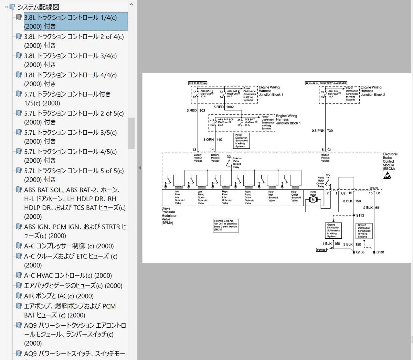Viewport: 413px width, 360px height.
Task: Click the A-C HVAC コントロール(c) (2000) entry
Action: coord(68,275)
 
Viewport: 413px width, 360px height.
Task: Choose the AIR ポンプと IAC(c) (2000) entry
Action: coord(59,296)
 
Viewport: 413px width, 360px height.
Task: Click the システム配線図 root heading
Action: coord(38,7)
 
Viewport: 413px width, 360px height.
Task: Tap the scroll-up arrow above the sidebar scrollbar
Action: coord(131,5)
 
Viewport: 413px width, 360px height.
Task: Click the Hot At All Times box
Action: coord(198,83)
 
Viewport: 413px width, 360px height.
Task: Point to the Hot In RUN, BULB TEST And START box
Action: coord(326,83)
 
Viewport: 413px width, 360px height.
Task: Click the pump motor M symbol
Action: coord(313,199)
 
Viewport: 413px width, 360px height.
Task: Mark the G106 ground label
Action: coord(360,252)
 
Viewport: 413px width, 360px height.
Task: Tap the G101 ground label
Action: coord(380,252)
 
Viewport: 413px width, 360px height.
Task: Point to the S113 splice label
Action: coord(360,215)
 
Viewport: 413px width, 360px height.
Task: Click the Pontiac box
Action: coord(321,250)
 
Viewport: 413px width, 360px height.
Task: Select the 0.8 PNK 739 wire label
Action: coord(322,131)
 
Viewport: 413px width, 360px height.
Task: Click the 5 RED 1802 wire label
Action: coord(224,107)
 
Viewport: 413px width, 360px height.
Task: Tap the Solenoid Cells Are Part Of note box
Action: coord(226,225)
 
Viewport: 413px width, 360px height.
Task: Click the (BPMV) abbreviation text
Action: coord(167,223)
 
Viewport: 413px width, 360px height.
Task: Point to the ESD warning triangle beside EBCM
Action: coord(388,176)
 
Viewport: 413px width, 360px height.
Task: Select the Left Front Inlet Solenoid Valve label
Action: coord(179,197)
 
